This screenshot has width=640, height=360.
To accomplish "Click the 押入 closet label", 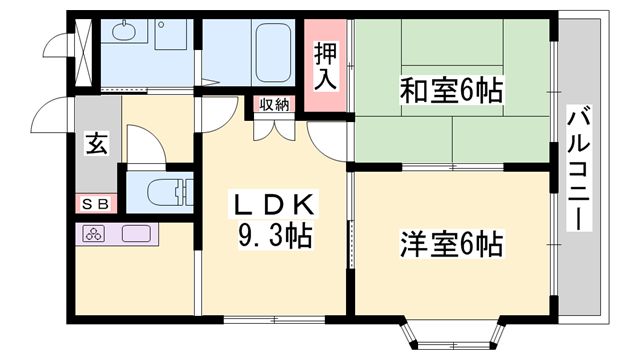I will (326, 62).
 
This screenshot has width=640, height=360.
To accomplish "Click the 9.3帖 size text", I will (273, 237).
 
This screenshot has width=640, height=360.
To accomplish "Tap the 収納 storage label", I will (275, 103).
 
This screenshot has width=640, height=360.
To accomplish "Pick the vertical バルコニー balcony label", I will (577, 169).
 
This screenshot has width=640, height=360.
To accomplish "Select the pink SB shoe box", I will (96, 203).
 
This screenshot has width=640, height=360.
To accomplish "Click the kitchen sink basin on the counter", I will (136, 235).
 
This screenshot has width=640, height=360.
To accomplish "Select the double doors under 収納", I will (275, 125).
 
